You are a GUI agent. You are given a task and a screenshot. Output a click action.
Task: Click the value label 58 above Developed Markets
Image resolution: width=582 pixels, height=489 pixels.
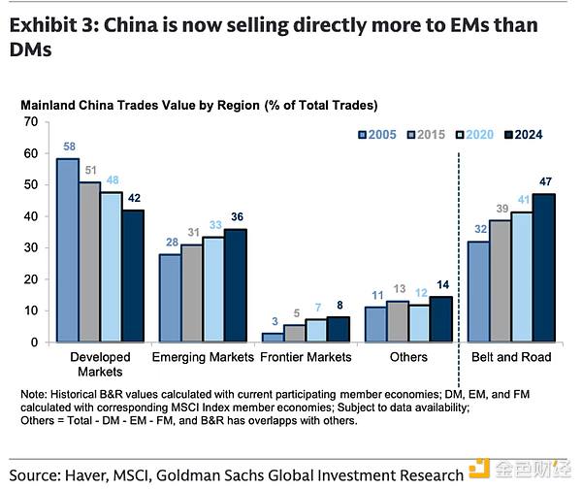(x=67, y=146)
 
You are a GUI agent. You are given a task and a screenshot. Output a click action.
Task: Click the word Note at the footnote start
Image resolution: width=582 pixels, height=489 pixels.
(x=36, y=394)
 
